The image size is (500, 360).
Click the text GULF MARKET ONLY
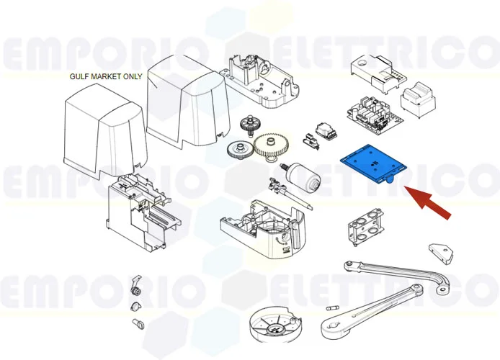click(106, 77)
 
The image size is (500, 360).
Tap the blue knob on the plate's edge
click(389, 182)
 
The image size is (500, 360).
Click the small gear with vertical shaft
click(247, 125)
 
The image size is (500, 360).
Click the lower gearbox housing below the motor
click(263, 229)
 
